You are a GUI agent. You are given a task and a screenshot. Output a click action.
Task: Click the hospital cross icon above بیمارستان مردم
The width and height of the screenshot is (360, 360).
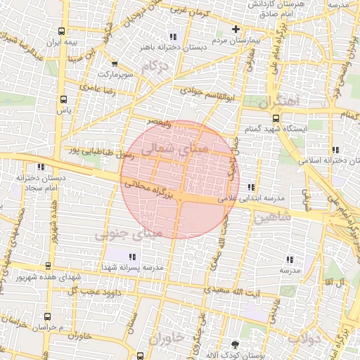coord(236,30)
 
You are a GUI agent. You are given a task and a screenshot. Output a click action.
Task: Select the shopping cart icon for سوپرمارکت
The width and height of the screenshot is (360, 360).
coord(105,63)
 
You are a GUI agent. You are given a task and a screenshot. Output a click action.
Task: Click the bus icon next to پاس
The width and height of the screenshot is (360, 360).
coord(65,99)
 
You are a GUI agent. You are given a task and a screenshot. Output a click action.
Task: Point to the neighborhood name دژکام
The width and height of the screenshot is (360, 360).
coord(155,67)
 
